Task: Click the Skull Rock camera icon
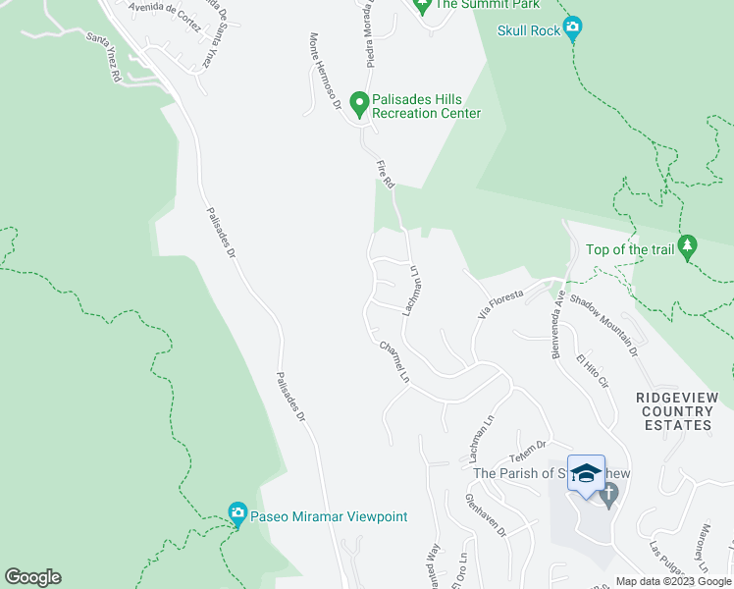tap(574, 29)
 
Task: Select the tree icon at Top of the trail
tap(689, 245)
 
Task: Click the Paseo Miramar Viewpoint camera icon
tap(236, 513)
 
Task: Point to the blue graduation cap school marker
tap(586, 474)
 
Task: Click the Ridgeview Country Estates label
tap(677, 410)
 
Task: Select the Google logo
tap(32, 577)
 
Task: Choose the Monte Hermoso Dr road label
tap(324, 72)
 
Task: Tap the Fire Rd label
tap(386, 174)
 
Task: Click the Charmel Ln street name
tap(393, 360)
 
